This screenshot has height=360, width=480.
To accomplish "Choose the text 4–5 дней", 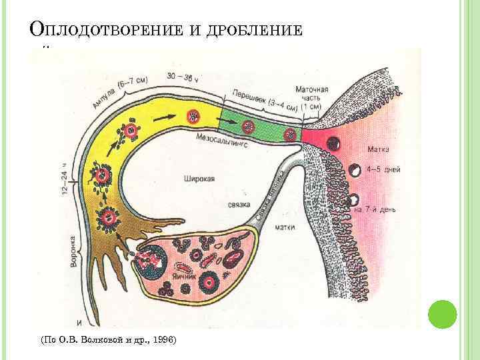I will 383,170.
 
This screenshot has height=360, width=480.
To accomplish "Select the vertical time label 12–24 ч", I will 65,179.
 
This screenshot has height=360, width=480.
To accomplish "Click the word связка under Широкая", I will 238,203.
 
